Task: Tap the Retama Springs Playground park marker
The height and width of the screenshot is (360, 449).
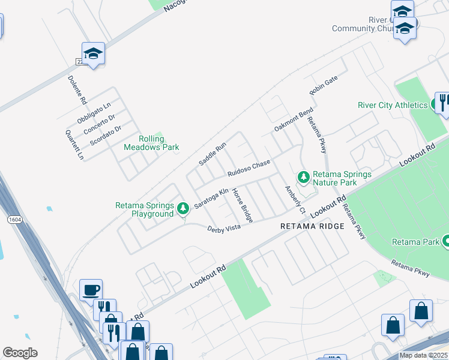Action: point(183,209)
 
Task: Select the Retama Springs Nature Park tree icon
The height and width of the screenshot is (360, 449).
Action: point(304,177)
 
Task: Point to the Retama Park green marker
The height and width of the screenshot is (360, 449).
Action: point(447,242)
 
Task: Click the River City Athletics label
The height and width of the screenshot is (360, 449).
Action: point(393,105)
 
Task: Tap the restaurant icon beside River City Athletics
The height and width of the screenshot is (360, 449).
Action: point(442,102)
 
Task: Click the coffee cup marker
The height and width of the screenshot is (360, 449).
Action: point(91,290)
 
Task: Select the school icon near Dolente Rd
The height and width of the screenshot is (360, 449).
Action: point(93,54)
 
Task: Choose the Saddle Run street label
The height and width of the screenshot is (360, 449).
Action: point(212,154)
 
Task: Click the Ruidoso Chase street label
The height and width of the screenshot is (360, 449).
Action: point(249,168)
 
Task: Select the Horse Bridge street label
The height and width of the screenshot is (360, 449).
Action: point(243,205)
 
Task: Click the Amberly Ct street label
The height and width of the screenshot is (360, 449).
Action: point(295,200)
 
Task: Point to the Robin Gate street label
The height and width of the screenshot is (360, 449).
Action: point(324,86)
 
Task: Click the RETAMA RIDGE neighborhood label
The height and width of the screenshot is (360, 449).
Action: point(312,226)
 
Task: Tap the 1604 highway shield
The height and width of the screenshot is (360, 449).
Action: point(14,221)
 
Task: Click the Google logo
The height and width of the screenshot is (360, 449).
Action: point(20,353)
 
